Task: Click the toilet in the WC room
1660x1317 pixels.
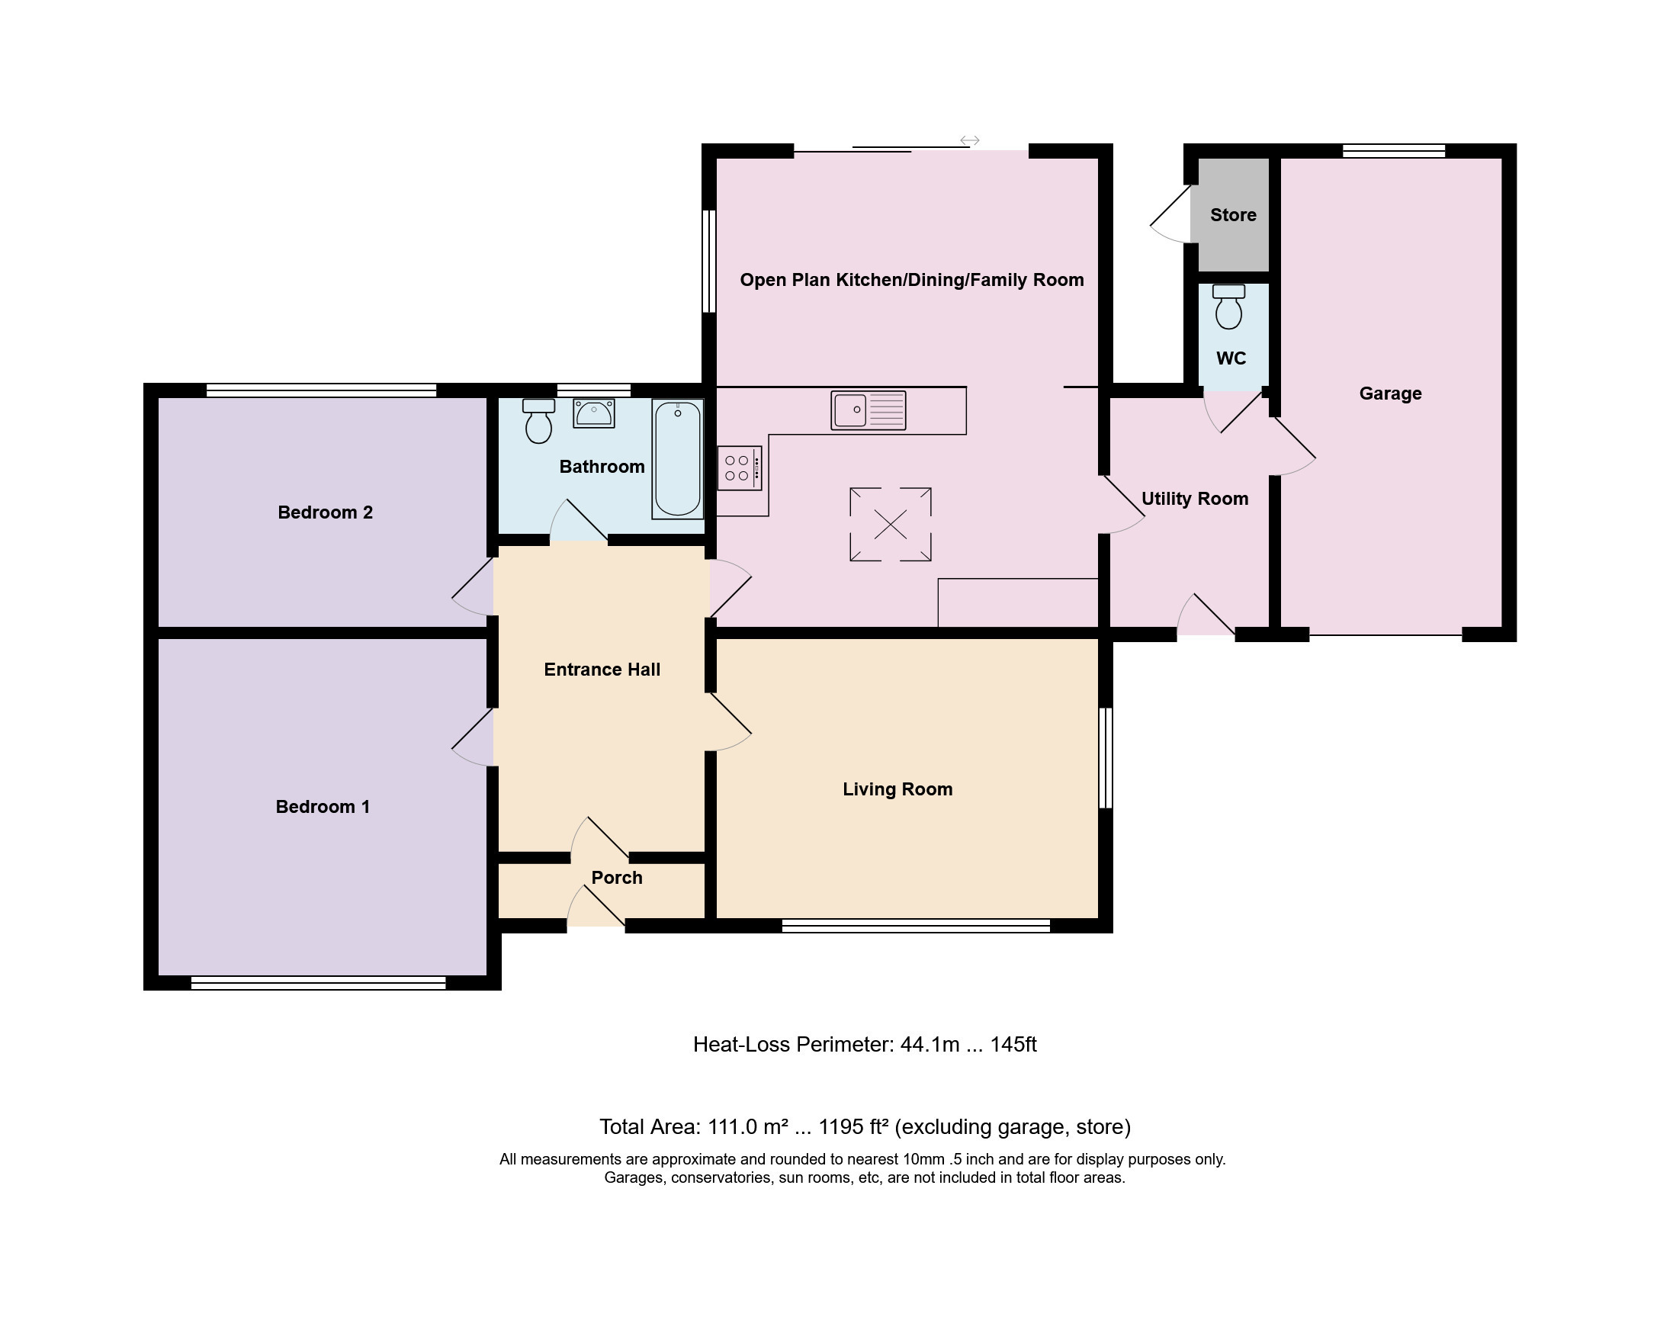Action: [x=1229, y=307]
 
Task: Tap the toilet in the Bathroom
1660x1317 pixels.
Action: [x=538, y=420]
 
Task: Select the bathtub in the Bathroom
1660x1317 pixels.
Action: [x=678, y=459]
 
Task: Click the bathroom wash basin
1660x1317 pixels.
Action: [x=594, y=413]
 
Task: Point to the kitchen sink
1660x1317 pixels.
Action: [x=869, y=410]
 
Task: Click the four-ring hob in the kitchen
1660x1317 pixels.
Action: [x=740, y=468]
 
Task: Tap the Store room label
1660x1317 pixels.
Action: [x=1233, y=215]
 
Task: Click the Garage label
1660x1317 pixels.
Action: [x=1391, y=393]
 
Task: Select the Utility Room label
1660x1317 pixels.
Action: [x=1195, y=498]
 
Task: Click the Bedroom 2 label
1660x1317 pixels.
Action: [x=325, y=512]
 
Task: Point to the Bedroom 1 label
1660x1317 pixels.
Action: [x=323, y=806]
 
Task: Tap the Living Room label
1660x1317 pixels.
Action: [x=897, y=789]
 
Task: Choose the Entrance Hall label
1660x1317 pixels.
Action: [x=602, y=670]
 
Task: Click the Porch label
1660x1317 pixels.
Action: [x=617, y=877]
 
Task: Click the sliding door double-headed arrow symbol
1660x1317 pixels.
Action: [x=969, y=140]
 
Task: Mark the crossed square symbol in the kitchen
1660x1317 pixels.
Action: [x=891, y=525]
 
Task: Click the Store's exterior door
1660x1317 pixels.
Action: [x=1172, y=214]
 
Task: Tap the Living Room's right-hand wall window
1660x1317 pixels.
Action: [x=1106, y=758]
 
